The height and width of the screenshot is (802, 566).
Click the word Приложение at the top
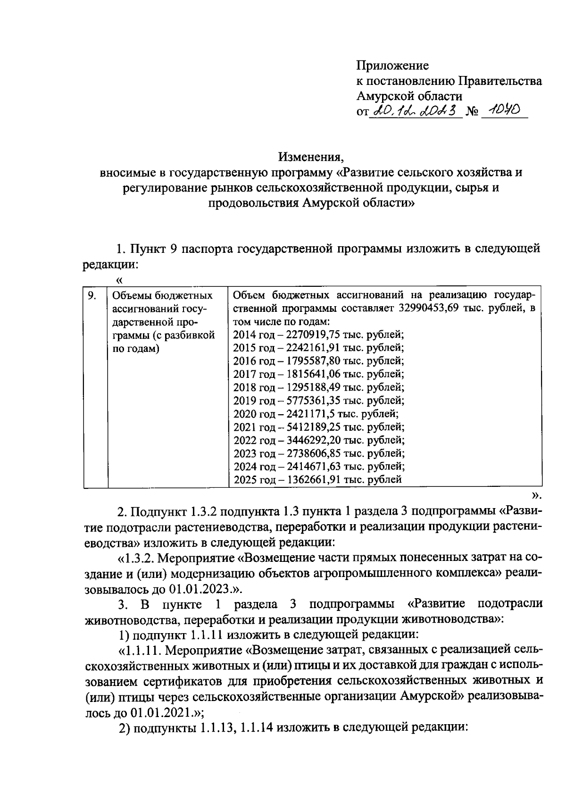(x=392, y=65)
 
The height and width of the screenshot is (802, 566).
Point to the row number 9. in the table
(x=92, y=296)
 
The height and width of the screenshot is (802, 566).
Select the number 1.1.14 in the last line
(x=258, y=728)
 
